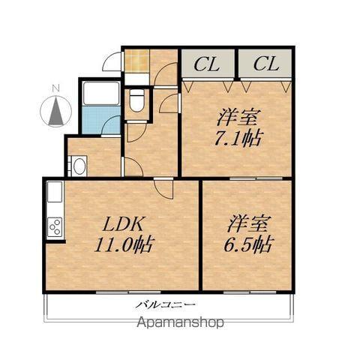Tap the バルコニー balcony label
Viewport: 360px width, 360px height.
click(166, 304)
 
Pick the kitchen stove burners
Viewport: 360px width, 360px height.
click(55, 225)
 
